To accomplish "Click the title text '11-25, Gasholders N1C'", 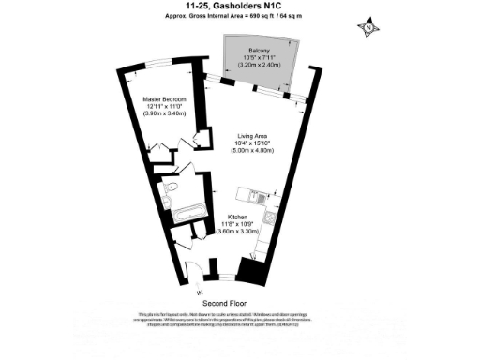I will [239, 7].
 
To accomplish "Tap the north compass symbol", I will [368, 27].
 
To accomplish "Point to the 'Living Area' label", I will [251, 134].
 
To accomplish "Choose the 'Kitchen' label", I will [238, 217].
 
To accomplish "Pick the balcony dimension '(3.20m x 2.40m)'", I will [260, 66].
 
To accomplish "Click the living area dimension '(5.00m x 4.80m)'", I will [251, 150].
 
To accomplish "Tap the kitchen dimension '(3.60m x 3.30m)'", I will [238, 232].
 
